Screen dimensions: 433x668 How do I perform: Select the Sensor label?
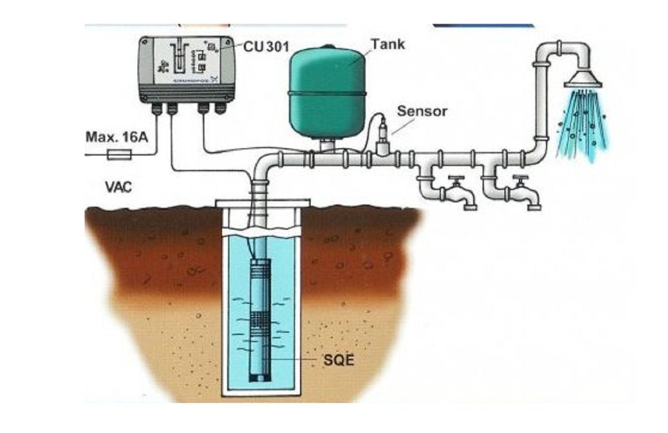pyautogui.click(x=422, y=111)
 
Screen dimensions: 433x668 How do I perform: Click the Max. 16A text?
pyautogui.click(x=117, y=137)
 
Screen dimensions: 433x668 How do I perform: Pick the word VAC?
pyautogui.click(x=119, y=186)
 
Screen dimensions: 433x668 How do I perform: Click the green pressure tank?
pyautogui.click(x=327, y=92)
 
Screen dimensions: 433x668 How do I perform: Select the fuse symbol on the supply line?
pyautogui.click(x=122, y=154)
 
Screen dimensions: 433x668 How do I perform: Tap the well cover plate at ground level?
pyautogui.click(x=263, y=203)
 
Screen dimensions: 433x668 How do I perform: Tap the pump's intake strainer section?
pyautogui.click(x=259, y=322)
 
